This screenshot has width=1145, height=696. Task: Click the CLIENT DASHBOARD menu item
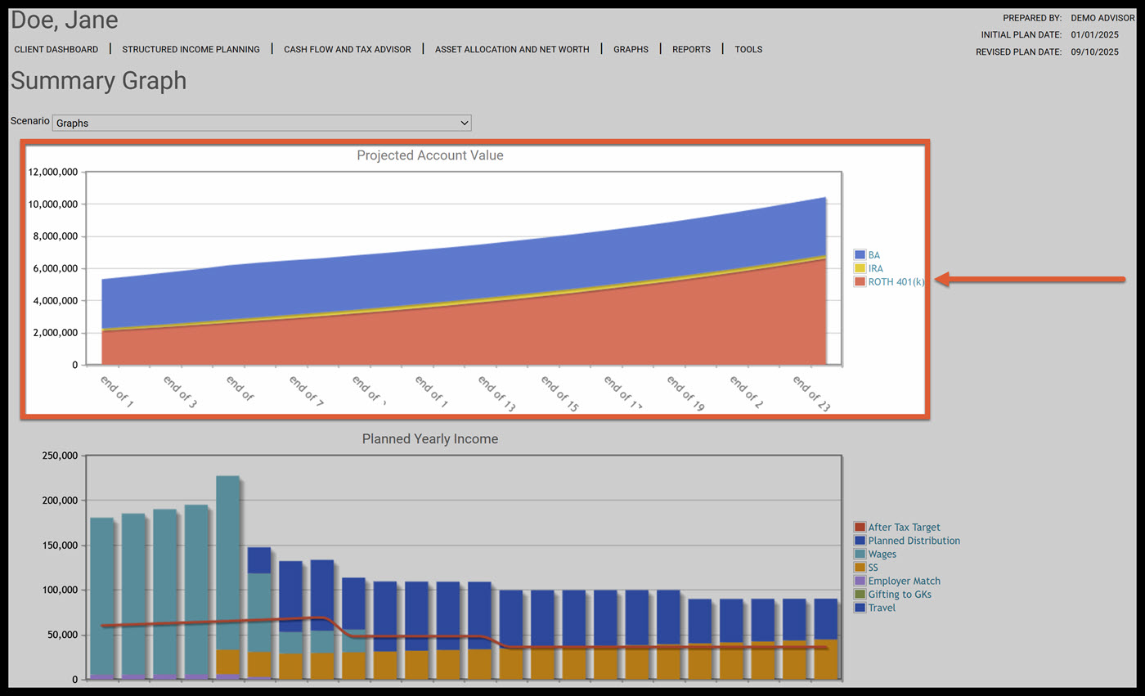click(x=56, y=49)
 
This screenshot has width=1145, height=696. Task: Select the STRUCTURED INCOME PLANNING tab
click(x=191, y=49)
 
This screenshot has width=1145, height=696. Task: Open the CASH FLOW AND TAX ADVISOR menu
click(x=348, y=49)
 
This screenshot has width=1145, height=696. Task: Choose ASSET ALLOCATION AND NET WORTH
click(x=512, y=49)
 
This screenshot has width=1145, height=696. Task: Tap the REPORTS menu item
click(x=691, y=49)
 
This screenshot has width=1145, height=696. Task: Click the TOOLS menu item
click(x=748, y=49)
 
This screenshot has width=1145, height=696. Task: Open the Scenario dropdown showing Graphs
click(x=262, y=123)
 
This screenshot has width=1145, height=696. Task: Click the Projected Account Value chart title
click(x=430, y=155)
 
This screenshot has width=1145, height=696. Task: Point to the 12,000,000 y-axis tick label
click(x=52, y=173)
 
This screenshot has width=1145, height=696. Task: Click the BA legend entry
click(x=873, y=255)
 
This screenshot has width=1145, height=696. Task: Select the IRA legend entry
click(x=875, y=268)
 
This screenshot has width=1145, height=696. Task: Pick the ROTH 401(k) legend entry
click(x=896, y=281)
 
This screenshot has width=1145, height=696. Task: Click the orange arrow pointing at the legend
click(x=1030, y=280)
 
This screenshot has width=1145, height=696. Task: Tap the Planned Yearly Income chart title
click(x=430, y=439)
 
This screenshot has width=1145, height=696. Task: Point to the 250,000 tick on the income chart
click(x=59, y=456)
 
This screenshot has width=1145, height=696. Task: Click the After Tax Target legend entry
click(x=904, y=528)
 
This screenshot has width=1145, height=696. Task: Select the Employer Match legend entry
click(x=904, y=581)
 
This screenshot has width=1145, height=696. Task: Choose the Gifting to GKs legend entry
click(x=899, y=595)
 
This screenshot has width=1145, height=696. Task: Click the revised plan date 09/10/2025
click(x=1094, y=52)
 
